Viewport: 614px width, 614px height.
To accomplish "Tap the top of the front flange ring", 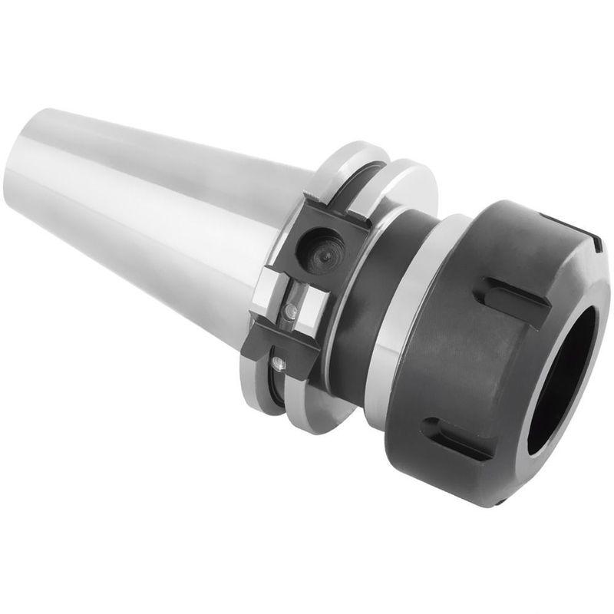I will pyautogui.click(x=407, y=170).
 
